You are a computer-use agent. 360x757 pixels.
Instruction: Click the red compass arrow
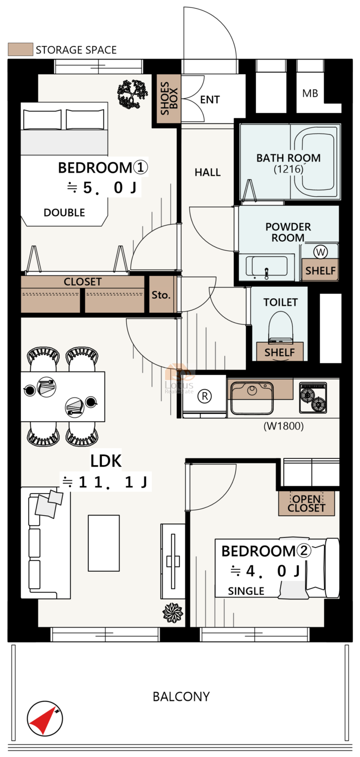pos(42,720)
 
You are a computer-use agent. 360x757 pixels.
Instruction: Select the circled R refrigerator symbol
pos(204,396)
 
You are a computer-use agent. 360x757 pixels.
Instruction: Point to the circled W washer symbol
pos(321,251)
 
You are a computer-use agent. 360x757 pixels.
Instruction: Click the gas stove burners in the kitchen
pos(313,398)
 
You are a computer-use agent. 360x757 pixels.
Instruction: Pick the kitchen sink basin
pos(252,398)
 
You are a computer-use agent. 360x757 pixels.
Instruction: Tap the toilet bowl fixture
pos(280,327)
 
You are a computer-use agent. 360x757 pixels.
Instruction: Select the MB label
pos(310,93)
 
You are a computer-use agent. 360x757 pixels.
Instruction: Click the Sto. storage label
pos(161,295)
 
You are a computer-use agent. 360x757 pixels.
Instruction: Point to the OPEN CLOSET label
pos(306,503)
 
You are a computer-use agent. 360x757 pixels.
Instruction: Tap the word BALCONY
pos(181,696)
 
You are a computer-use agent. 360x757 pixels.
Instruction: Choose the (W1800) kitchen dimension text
pos(284,426)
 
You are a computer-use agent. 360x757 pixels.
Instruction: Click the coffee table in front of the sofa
pos(104,543)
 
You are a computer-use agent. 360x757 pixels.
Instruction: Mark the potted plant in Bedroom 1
pos(132,94)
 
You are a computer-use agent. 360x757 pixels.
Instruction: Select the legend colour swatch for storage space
pos(20,49)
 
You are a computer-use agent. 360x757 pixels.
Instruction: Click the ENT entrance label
pos(210,100)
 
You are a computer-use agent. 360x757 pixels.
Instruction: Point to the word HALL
pos(208,173)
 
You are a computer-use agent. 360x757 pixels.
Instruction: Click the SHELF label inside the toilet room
pos(280,352)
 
